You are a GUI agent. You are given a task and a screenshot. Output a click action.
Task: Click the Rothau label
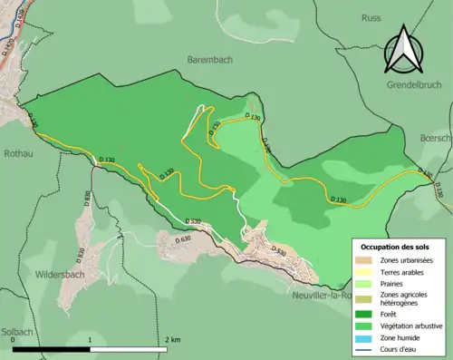click(x=19, y=153)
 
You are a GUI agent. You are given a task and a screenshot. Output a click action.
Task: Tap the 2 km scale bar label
click(x=172, y=339)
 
